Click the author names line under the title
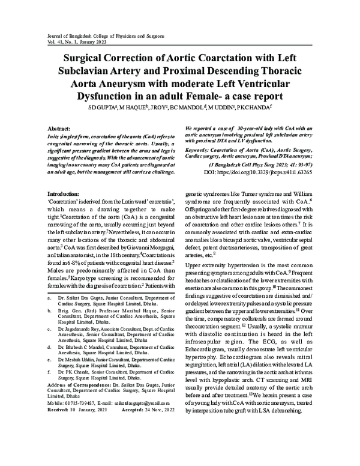point(181,108)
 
